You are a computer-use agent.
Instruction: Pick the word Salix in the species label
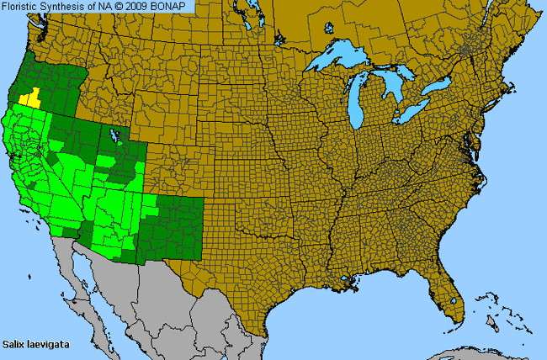(x=14, y=344)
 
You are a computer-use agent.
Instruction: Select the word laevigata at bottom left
(x=47, y=344)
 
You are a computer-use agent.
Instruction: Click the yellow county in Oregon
(x=31, y=98)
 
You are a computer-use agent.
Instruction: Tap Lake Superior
(x=337, y=61)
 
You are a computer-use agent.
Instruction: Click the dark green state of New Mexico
(x=172, y=223)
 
